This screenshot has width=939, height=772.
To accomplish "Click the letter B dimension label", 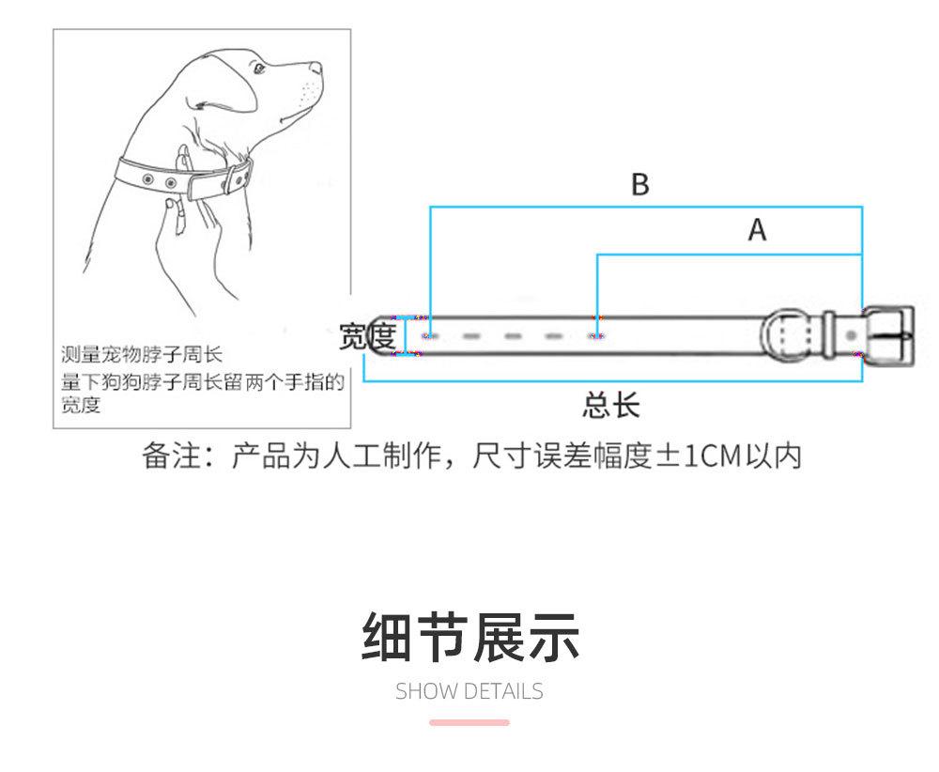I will coord(639,185).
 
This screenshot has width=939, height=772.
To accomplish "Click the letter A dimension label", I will coord(757,229).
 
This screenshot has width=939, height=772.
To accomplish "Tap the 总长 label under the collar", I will coord(610,405).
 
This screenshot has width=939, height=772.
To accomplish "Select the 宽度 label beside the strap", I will coord(366,335).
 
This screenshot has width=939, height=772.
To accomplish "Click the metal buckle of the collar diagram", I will coord(888,334).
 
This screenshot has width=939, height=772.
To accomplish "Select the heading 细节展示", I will coord(470,638).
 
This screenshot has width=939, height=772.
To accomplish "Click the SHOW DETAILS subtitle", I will coord(469,692).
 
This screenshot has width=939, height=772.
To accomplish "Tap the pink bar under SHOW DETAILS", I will coord(469,722).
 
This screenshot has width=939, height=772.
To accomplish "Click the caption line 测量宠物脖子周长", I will coord(142,354).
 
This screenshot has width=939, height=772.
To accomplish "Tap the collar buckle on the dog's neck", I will coord(241,175).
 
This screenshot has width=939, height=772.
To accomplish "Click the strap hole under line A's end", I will coord(595,335).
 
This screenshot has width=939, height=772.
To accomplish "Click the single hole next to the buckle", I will coord(851,334).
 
